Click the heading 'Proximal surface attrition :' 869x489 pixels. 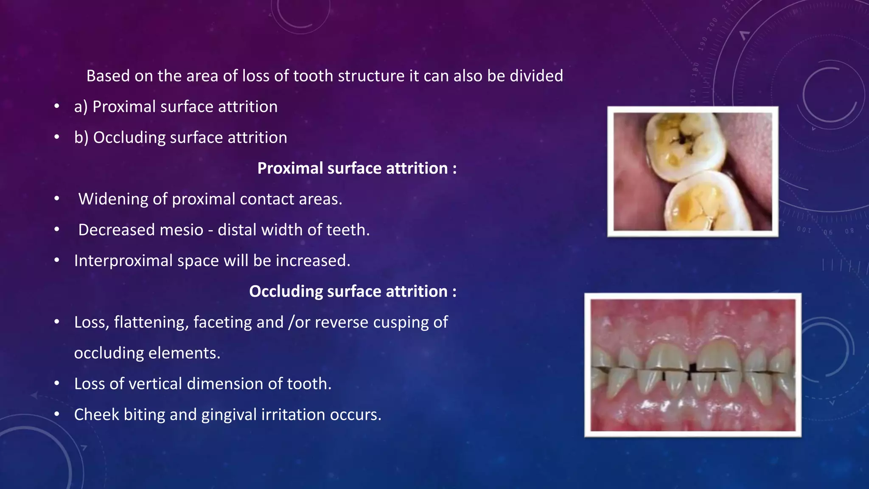pos(357,169)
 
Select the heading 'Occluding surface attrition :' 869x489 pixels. pos(353,292)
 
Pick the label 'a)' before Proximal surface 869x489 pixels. pos(81,107)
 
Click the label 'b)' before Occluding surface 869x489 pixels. pos(81,138)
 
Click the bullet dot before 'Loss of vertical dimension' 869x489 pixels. pos(57,384)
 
